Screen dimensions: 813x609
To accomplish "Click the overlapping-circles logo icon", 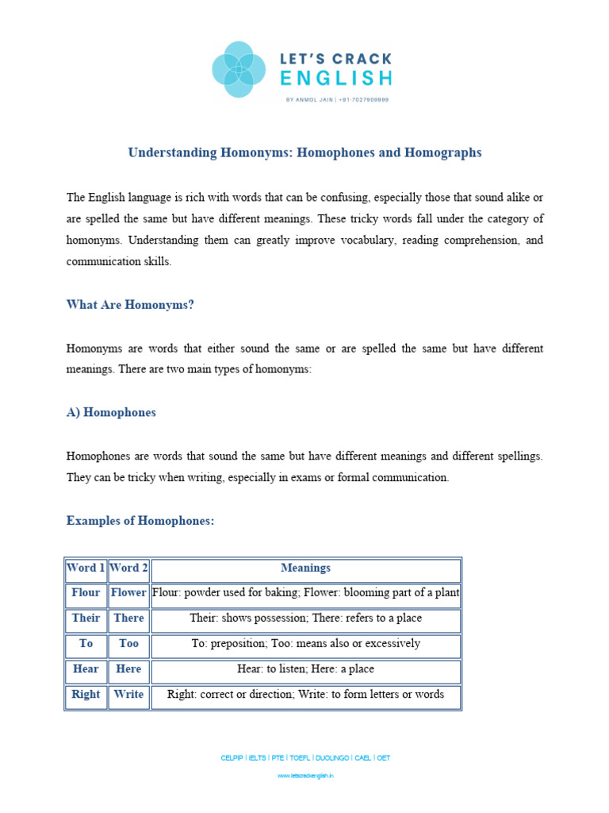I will point(239,69).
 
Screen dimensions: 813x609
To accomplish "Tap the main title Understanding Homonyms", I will point(304,152).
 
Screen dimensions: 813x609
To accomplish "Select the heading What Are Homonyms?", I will point(130,305).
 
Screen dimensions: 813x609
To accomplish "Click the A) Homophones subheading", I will point(111,413).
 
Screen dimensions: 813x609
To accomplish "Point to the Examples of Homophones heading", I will point(140,521).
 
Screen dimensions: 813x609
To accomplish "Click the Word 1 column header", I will point(86,568).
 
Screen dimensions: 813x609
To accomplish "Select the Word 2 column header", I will point(128,568).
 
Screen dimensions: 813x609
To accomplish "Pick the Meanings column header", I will point(305,568).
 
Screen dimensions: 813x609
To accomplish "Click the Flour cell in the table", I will point(86,593).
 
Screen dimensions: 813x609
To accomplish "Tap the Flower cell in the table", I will point(128,593).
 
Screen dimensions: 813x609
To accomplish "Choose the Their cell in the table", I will point(86,618).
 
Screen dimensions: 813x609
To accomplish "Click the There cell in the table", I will point(128,618).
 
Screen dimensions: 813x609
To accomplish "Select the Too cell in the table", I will point(128,644).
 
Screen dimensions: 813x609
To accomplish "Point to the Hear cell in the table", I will point(86,669).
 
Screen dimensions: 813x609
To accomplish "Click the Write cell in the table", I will point(128,695).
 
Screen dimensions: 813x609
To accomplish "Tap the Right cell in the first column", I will point(86,695).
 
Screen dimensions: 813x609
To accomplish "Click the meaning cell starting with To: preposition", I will point(305,644).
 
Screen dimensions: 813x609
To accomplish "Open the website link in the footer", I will point(305,776).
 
